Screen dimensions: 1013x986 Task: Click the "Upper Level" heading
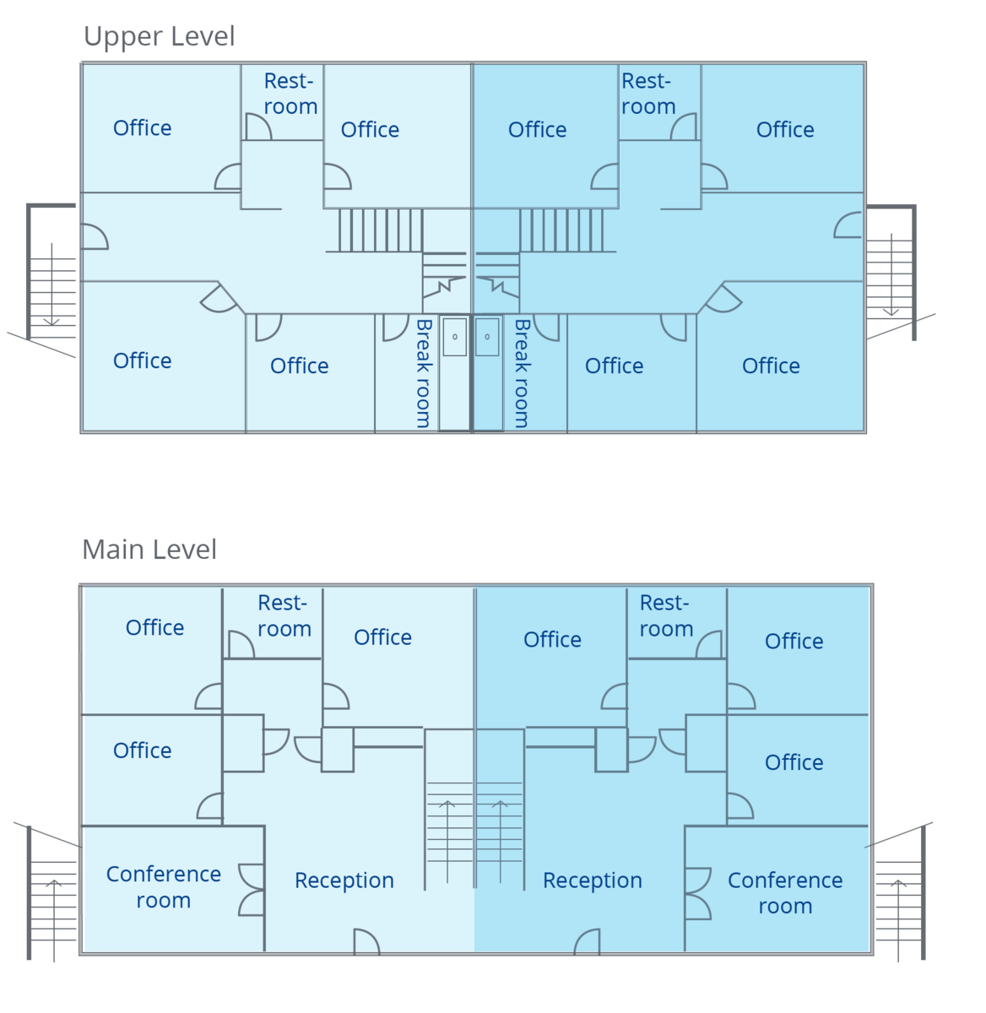click(x=159, y=36)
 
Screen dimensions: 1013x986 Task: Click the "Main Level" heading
click(x=149, y=550)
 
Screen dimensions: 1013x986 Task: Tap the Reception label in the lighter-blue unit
click(x=344, y=880)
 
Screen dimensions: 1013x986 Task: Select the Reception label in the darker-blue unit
click(x=592, y=880)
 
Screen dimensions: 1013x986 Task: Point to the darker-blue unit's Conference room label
click(x=785, y=893)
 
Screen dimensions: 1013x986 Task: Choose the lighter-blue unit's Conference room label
click(x=164, y=887)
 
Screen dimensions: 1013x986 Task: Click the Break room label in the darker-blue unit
click(x=523, y=372)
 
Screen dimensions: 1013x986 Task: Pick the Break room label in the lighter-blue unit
click(x=424, y=372)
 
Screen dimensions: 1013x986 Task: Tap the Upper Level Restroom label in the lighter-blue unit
click(x=290, y=94)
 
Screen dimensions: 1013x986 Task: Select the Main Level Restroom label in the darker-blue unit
click(x=666, y=615)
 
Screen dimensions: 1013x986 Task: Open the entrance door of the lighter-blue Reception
click(x=366, y=942)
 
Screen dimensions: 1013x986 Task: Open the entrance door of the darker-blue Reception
click(x=587, y=942)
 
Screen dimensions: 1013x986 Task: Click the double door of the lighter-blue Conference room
click(x=252, y=890)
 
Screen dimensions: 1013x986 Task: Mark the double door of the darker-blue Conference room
click(x=697, y=893)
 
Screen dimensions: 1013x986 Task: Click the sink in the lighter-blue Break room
click(x=455, y=337)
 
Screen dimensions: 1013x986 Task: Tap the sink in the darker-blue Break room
click(x=487, y=337)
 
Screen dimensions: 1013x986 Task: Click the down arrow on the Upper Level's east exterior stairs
click(x=891, y=279)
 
